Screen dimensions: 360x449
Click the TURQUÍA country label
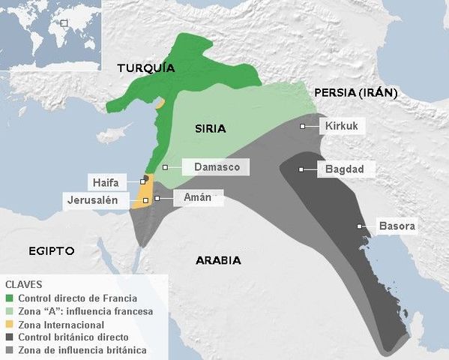click(146, 68)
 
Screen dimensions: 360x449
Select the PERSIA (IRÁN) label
click(355, 93)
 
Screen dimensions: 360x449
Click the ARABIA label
click(218, 260)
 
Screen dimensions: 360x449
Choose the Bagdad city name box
click(344, 169)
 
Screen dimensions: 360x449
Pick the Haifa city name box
click(106, 181)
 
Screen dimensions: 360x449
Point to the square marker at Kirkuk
click(302, 127)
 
